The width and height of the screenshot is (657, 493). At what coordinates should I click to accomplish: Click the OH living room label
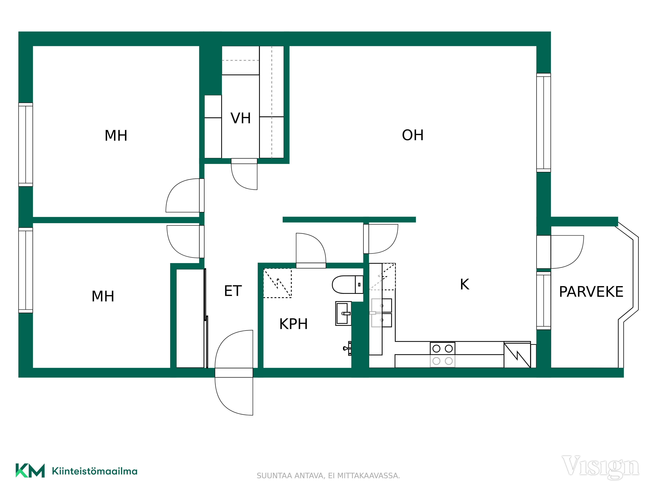pos(413,135)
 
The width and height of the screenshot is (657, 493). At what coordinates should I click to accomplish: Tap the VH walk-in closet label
pos(241,118)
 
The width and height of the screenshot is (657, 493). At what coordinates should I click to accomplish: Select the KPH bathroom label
pos(294,324)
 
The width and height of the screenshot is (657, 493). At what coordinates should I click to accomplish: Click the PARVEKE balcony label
pos(591,292)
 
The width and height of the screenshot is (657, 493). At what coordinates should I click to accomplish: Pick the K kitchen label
pos(464,284)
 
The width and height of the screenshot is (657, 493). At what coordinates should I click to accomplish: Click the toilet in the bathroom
pos(348,285)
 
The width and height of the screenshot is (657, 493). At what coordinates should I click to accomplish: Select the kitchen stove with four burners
pos(442,354)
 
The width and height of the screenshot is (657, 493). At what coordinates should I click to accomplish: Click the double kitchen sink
pos(382,313)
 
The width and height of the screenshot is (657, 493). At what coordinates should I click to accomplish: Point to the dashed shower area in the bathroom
pos(277,283)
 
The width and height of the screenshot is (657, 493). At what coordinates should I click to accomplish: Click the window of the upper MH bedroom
pos(26,145)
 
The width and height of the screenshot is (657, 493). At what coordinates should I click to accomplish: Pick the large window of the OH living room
pos(544,123)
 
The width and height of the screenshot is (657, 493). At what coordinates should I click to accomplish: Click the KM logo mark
pos(30,470)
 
